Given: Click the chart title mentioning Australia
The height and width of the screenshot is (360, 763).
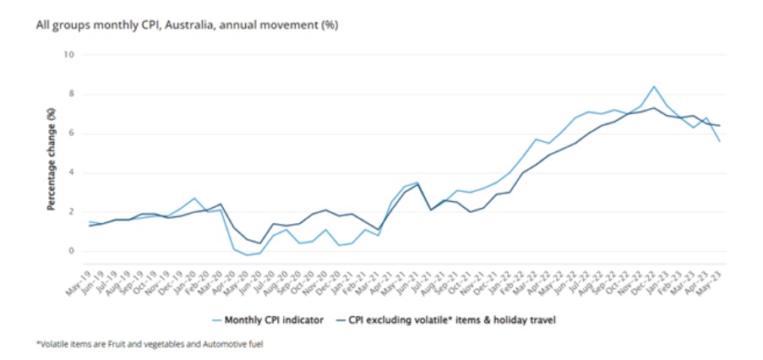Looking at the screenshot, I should [187, 25].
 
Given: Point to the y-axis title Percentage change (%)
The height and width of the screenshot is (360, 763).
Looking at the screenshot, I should [52, 160].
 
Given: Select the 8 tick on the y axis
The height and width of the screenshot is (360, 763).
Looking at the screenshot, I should [72, 95].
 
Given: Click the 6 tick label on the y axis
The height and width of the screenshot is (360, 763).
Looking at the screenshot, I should [72, 134].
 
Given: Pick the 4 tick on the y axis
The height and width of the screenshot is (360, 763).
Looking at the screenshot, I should [72, 172].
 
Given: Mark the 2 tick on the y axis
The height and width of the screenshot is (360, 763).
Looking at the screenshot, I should [72, 212].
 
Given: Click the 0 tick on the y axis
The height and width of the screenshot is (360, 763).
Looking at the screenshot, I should [72, 251].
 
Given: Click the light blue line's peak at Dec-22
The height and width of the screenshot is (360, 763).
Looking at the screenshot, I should [653, 86].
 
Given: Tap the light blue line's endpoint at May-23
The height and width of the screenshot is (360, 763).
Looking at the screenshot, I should [719, 141].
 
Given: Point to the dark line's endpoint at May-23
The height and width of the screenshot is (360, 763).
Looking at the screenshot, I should [719, 126].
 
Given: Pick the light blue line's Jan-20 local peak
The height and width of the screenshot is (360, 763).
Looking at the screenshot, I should [194, 199].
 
